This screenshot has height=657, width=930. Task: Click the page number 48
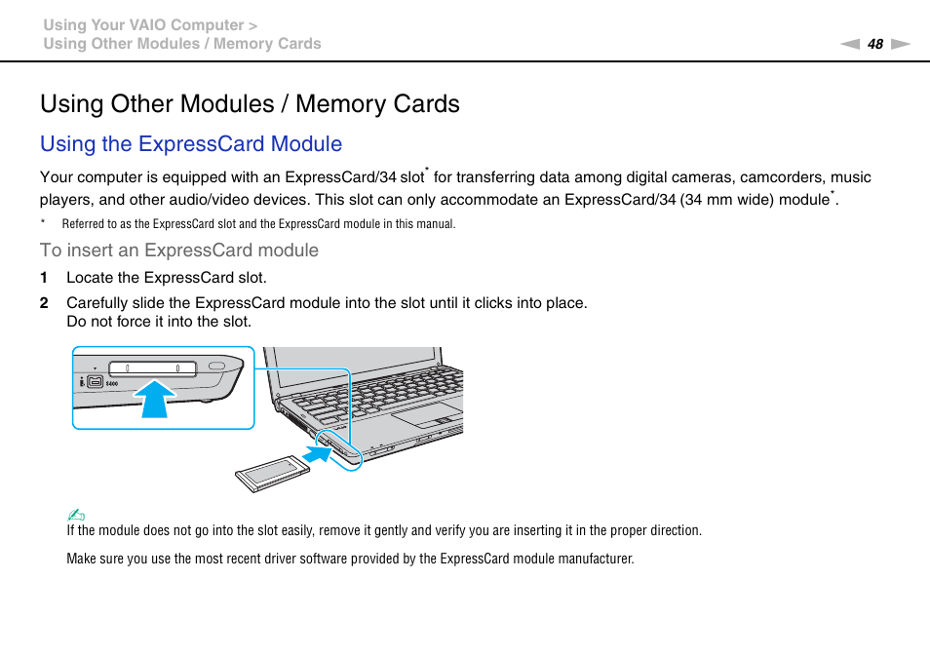click(x=875, y=44)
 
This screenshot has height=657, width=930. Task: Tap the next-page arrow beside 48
click(x=900, y=44)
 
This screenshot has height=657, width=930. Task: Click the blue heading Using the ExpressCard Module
click(x=191, y=144)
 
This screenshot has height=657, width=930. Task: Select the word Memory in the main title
click(x=341, y=104)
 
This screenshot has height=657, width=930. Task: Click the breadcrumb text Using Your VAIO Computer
click(x=142, y=25)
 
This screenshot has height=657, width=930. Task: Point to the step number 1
click(x=44, y=278)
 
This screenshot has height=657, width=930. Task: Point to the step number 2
click(x=44, y=303)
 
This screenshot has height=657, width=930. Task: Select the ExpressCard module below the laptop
click(x=274, y=474)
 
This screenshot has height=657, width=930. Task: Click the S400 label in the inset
click(x=111, y=383)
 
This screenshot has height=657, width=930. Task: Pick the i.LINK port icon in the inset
click(x=95, y=381)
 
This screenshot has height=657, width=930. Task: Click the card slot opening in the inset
click(x=152, y=367)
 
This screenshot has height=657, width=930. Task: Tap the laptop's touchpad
click(x=426, y=413)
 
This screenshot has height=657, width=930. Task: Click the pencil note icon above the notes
click(x=77, y=515)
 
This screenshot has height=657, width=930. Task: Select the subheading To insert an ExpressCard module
click(x=179, y=251)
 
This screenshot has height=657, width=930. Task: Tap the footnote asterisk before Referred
click(x=43, y=224)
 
